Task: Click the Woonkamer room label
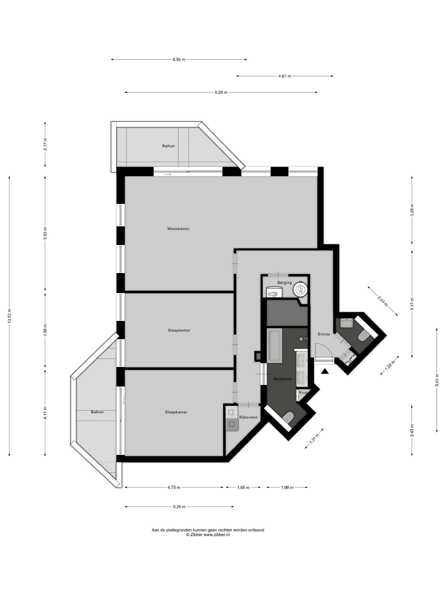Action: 178,229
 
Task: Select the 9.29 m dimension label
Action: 221,92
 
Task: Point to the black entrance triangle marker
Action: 325,371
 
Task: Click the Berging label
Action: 284,283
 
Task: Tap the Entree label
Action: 324,334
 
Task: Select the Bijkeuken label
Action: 248,417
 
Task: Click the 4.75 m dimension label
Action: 174,487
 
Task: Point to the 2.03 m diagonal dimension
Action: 383,301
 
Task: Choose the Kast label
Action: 303,392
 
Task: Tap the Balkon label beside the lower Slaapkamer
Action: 97,412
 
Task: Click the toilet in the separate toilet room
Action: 364,336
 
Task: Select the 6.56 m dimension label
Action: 179,60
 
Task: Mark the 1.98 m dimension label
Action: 287,487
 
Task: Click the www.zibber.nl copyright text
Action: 208,535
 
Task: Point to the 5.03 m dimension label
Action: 437,380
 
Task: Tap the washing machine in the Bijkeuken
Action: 232,424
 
